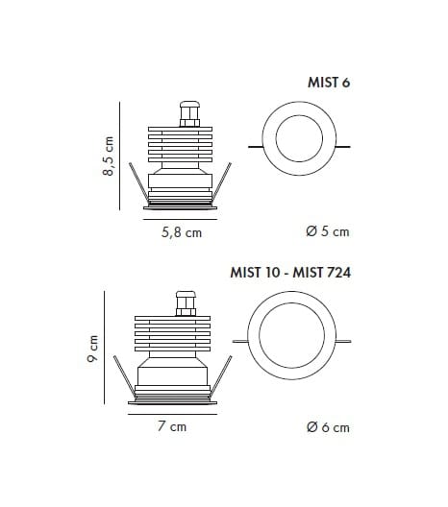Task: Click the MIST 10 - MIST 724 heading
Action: (289, 273)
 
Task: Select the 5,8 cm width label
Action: (180, 232)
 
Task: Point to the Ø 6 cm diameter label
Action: (326, 426)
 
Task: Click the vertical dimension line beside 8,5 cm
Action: (120, 156)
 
